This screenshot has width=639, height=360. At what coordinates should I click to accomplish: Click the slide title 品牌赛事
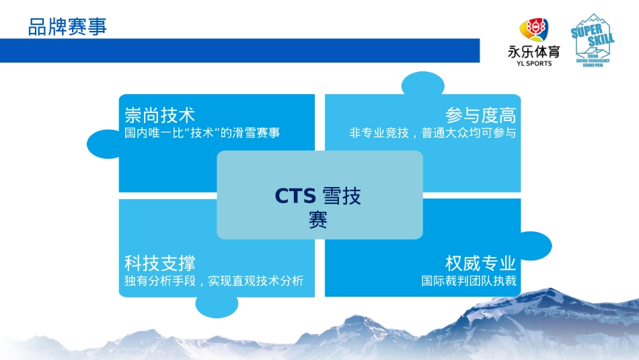click(x=67, y=28)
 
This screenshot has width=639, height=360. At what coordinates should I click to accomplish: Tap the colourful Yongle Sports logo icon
click(x=533, y=31)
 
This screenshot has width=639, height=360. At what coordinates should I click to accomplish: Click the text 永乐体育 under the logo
click(x=533, y=52)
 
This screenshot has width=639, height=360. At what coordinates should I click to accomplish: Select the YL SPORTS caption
click(x=533, y=63)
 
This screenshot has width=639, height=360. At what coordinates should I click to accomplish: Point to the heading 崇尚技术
click(x=160, y=115)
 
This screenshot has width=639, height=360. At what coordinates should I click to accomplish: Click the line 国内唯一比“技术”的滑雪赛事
click(x=202, y=133)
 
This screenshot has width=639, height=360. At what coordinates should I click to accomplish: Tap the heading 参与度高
click(x=480, y=115)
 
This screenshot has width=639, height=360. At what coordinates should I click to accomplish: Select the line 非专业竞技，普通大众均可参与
click(x=433, y=133)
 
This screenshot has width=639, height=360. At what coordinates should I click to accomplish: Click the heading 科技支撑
click(x=160, y=262)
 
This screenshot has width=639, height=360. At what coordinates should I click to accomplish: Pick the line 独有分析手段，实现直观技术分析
click(x=214, y=281)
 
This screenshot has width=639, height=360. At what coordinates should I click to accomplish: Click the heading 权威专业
click(x=480, y=262)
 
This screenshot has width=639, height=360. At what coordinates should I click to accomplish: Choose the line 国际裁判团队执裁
click(x=469, y=281)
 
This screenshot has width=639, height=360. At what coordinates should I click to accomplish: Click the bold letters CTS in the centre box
click(x=295, y=196)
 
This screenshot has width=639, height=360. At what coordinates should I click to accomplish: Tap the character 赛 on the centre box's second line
click(x=318, y=220)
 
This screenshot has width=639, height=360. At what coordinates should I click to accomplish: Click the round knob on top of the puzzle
click(x=424, y=86)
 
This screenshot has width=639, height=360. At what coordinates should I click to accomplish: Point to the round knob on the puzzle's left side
click(x=103, y=143)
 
